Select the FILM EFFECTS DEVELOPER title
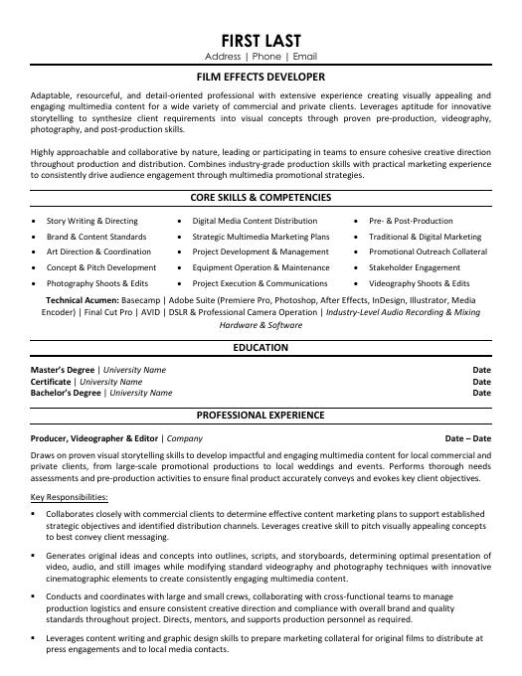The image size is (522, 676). [x=261, y=75]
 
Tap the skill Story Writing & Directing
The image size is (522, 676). [x=92, y=221]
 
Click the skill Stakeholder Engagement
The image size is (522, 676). [x=415, y=267]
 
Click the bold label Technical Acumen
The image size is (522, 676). [x=83, y=299]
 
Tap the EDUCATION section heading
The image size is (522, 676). [x=261, y=348]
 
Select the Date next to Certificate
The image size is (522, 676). [x=481, y=381]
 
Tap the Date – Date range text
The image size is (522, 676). [x=467, y=437]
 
